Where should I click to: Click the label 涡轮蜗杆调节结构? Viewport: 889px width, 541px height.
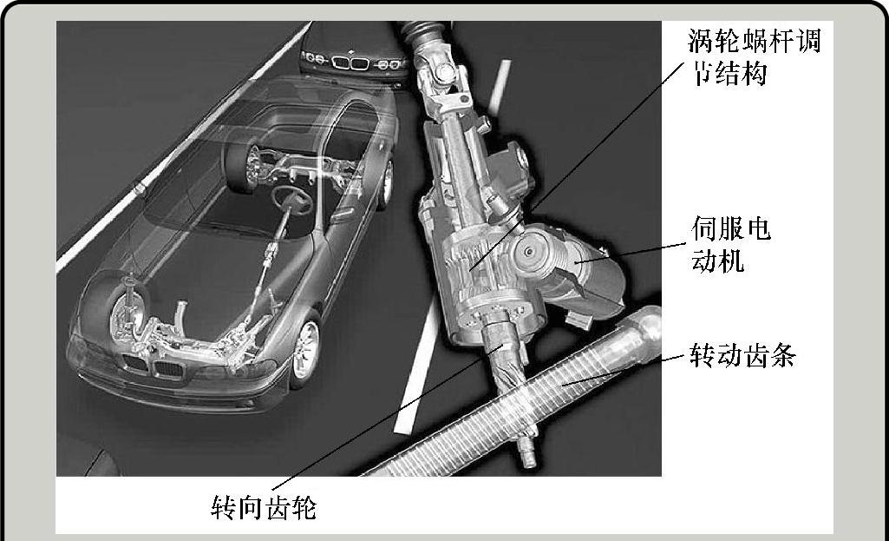coord(754,57)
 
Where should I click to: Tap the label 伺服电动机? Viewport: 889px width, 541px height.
coord(731,245)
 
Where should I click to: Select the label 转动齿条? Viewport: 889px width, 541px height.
coord(742,355)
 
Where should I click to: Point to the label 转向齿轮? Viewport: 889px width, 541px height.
coord(264,507)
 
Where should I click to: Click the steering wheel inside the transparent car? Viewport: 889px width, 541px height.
coord(291,199)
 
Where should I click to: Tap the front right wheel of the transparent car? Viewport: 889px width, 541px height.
coord(305,348)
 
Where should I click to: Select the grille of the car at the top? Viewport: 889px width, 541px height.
coord(350,62)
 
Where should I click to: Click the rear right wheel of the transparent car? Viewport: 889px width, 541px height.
coord(386,182)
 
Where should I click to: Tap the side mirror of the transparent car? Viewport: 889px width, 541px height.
coord(344,214)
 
